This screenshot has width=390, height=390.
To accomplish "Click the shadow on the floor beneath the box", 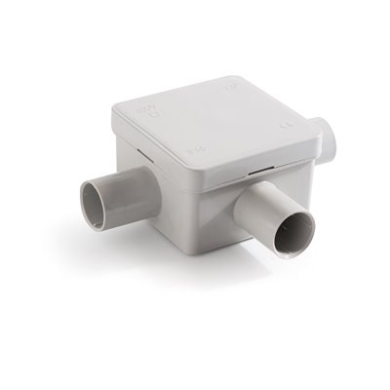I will coord(224,278).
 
